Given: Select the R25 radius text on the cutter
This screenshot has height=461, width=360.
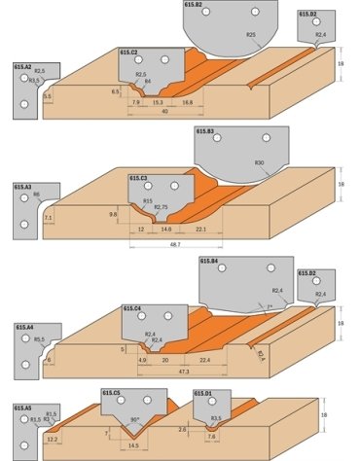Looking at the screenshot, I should point(251,34).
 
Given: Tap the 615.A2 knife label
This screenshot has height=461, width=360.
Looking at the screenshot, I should point(22,65).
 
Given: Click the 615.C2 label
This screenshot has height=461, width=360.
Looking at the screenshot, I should point(128,52).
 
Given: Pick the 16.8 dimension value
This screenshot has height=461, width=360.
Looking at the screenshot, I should point(186,100).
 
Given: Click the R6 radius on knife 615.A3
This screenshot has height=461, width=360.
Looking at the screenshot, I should point(36,195).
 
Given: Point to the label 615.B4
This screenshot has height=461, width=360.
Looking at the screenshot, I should point(208,262).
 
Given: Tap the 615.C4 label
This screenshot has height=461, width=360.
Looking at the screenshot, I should point(133,308).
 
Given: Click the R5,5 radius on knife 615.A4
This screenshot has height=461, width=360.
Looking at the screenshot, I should point(41,339).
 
